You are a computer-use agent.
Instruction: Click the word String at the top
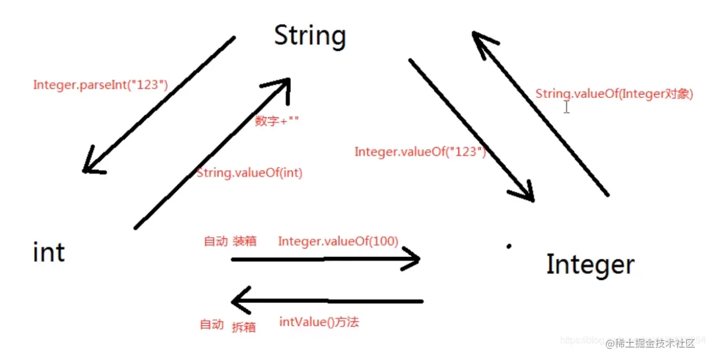pyautogui.click(x=310, y=36)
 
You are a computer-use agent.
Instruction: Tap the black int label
pyautogui.click(x=49, y=252)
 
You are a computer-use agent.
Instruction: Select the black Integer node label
pyautogui.click(x=590, y=264)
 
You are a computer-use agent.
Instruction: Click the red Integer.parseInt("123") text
pyautogui.click(x=101, y=85)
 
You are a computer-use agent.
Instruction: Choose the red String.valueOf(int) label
pyautogui.click(x=249, y=173)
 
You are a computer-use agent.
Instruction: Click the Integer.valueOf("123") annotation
pyautogui.click(x=420, y=151)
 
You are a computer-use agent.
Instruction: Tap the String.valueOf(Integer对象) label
pyautogui.click(x=614, y=94)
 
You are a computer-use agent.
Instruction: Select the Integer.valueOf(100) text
pyautogui.click(x=338, y=241)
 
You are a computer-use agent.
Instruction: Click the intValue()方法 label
pyautogui.click(x=319, y=322)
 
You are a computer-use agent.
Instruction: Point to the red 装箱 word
pyautogui.click(x=244, y=241)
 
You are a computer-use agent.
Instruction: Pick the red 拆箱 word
pyautogui.click(x=244, y=327)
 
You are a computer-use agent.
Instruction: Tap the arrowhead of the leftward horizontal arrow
pyautogui.click(x=239, y=302)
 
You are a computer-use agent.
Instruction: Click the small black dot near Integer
pyautogui.click(x=509, y=245)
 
